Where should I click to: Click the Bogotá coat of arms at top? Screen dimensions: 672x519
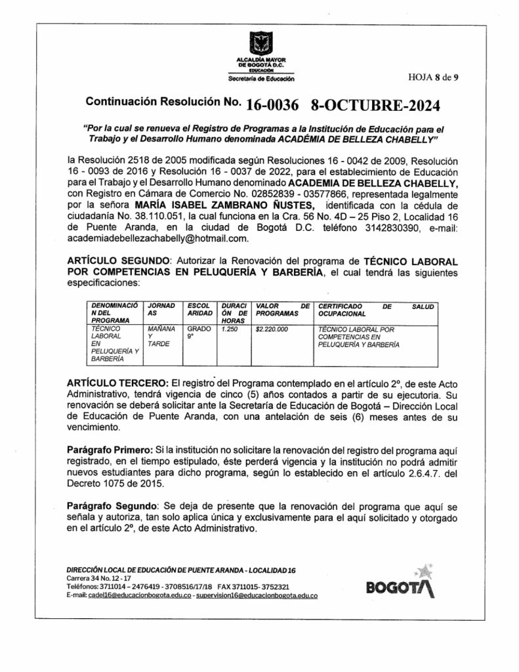coord(260,45)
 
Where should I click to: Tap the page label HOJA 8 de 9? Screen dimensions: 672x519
coord(433,77)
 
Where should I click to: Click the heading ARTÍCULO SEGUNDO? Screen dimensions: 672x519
coord(119,261)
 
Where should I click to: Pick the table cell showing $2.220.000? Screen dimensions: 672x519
coord(272,329)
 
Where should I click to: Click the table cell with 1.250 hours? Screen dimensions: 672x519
coord(229,329)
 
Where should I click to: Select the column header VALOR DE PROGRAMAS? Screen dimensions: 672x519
coord(281,310)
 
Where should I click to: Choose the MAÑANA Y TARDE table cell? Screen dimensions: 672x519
coord(161,336)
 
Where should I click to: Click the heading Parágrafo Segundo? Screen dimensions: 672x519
coord(113,505)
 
